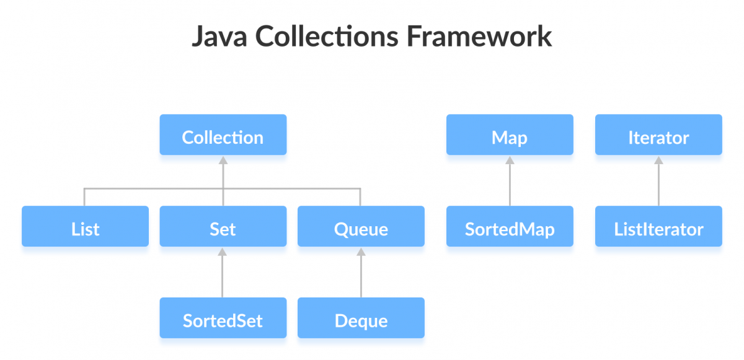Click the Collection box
pos(223,134)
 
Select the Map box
pos(510,134)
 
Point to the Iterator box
pos(658,134)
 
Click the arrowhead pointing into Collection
pos(223,159)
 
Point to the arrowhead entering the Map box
pos(510,159)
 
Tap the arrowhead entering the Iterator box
pos(658,159)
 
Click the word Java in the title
pos(219,37)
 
